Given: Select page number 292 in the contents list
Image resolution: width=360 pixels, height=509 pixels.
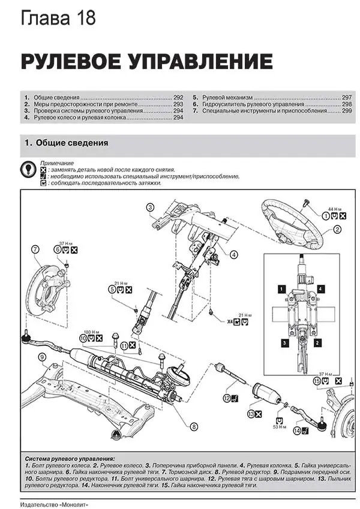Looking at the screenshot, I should [x=178, y=97].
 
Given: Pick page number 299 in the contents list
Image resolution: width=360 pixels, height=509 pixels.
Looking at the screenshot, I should [x=347, y=111].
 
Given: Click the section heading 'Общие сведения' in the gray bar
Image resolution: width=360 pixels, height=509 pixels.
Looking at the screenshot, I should [x=71, y=143].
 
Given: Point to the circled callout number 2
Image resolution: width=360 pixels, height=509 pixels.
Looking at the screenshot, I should [x=337, y=230].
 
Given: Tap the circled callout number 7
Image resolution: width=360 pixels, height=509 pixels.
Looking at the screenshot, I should [x=35, y=249].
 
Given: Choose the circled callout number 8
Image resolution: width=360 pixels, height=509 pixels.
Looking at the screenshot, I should [x=194, y=426].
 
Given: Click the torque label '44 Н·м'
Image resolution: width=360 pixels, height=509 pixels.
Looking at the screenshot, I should [x=334, y=207].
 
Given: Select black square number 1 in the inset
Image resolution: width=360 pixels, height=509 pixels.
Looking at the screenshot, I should [x=280, y=289].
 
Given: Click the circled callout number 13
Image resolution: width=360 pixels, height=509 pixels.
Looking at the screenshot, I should [x=251, y=414].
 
